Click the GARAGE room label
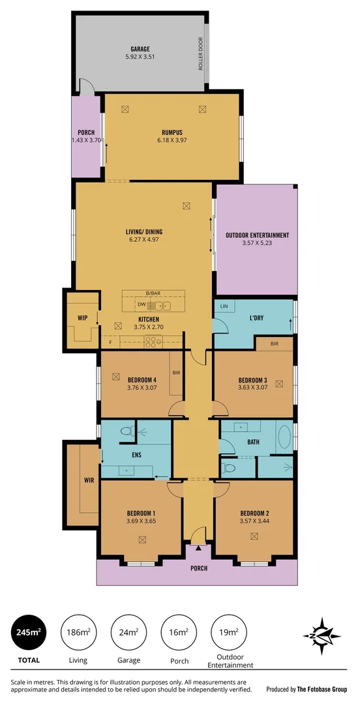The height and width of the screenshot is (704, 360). (140, 48)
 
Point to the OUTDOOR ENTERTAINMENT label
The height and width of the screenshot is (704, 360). (257, 235)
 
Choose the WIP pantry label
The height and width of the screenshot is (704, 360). (82, 319)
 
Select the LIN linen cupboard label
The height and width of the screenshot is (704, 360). (223, 306)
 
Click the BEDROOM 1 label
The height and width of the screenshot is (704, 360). (142, 512)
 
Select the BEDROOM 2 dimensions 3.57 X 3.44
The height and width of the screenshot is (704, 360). (254, 521)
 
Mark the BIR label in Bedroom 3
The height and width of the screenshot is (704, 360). (274, 344)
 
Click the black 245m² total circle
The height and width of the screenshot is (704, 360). (27, 632)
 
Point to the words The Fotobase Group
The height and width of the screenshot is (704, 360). (322, 688)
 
